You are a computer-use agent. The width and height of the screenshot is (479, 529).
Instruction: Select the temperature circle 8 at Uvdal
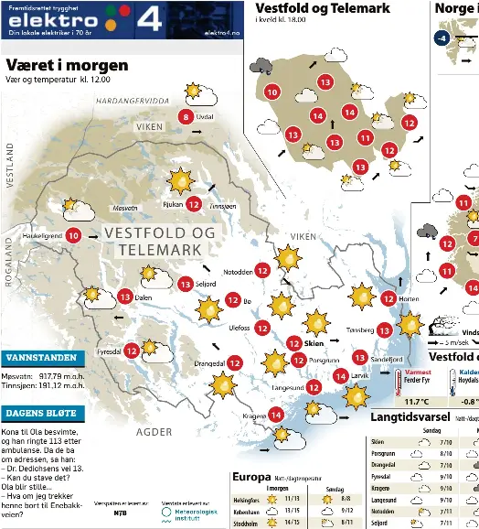(186, 116)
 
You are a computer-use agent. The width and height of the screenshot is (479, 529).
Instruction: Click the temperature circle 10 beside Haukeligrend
(73, 236)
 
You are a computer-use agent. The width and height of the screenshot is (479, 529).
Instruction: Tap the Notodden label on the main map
(238, 271)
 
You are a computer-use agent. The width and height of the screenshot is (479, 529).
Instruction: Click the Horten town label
(410, 298)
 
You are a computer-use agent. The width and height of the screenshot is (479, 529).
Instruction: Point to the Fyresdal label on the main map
(110, 351)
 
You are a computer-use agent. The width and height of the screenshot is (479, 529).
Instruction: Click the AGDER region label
(154, 430)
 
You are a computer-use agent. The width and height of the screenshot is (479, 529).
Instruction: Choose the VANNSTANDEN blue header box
(44, 357)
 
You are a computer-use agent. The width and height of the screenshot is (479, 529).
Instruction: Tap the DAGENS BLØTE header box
(44, 414)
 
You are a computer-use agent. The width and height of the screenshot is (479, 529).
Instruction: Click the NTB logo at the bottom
(120, 513)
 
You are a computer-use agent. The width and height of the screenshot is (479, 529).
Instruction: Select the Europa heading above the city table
(251, 477)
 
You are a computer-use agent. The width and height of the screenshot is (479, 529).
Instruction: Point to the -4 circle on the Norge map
(442, 38)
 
